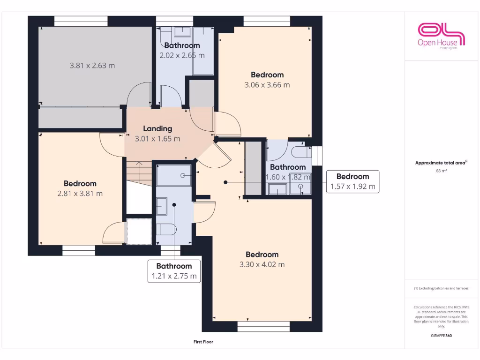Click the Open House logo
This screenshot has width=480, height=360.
click(x=441, y=36)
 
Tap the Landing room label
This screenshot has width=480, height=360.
click(x=157, y=128)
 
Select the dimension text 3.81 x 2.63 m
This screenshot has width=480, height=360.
click(x=92, y=66)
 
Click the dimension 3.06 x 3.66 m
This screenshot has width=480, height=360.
click(x=267, y=85)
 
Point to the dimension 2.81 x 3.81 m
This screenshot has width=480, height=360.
click(x=80, y=193)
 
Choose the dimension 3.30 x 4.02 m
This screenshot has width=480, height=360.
click(x=262, y=264)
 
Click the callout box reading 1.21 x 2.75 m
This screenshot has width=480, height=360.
click(x=174, y=277)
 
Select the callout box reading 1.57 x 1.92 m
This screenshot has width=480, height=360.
click(x=352, y=187)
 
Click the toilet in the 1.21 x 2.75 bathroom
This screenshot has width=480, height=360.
click(x=165, y=229)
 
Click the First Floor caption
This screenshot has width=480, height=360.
click(x=203, y=342)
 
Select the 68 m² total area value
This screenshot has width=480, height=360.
click(x=441, y=171)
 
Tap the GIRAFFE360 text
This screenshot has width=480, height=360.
click(x=441, y=336)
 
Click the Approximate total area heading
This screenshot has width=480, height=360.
click(x=441, y=163)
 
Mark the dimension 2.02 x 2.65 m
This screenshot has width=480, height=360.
click(x=182, y=55)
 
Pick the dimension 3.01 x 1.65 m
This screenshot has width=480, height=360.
click(x=157, y=139)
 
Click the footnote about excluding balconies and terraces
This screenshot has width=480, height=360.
click(x=441, y=288)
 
